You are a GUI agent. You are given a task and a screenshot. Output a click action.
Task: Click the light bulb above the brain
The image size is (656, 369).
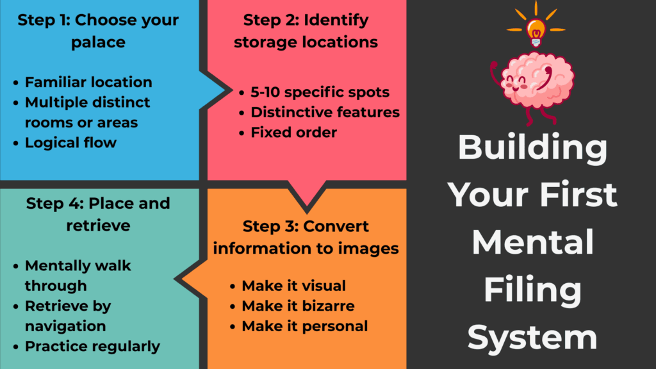tap(536, 29)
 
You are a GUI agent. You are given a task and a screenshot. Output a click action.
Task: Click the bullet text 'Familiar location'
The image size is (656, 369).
tap(88, 82)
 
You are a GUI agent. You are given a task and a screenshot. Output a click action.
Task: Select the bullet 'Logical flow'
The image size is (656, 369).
tap(70, 142)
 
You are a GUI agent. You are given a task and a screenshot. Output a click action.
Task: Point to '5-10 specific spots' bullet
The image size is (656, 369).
tap(320, 92)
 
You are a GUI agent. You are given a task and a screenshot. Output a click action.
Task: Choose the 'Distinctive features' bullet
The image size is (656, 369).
tap(325, 112)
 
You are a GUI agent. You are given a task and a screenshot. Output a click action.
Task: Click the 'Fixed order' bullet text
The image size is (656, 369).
tap(293, 133)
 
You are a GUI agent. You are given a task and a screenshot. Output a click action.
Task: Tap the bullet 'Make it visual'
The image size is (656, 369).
tap(293, 286)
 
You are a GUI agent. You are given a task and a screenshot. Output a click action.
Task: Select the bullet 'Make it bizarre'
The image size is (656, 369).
tap(298, 306)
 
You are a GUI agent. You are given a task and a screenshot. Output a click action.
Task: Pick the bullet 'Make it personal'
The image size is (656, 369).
tap(304, 326)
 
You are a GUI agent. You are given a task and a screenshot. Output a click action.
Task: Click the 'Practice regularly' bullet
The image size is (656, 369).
tap(92, 347)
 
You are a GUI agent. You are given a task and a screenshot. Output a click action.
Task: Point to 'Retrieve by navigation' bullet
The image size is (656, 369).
tap(67, 316)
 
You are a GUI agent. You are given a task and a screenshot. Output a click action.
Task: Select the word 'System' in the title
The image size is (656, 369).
tap(533, 337)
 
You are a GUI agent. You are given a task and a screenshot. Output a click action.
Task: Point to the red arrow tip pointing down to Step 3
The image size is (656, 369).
tap(306, 208)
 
